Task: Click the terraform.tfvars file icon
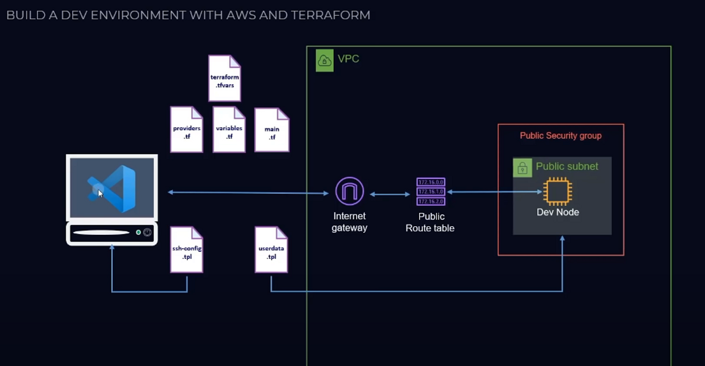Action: pyautogui.click(x=225, y=78)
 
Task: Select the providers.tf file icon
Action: pyautogui.click(x=186, y=129)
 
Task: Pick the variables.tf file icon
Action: pyautogui.click(x=229, y=129)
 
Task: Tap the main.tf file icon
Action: pyautogui.click(x=272, y=130)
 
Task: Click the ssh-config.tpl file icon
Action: pyautogui.click(x=187, y=250)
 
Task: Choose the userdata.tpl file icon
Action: pyautogui.click(x=271, y=250)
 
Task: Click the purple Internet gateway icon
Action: pyautogui.click(x=349, y=191)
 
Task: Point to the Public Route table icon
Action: pyautogui.click(x=430, y=192)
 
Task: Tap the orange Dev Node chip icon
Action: pyautogui.click(x=557, y=191)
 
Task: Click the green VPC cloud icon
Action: pyautogui.click(x=325, y=61)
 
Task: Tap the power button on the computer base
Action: pyautogui.click(x=148, y=232)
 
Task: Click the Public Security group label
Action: pyautogui.click(x=560, y=135)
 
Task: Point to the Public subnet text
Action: pyautogui.click(x=567, y=166)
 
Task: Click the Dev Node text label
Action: pyautogui.click(x=558, y=212)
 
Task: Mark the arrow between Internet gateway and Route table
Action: pyautogui.click(x=390, y=194)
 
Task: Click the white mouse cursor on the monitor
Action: pyautogui.click(x=100, y=194)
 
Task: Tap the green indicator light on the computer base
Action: pyautogui.click(x=138, y=232)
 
